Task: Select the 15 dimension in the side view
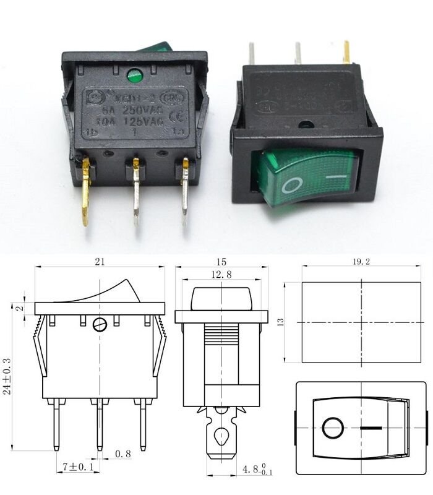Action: coord(221,262)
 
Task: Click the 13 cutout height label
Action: coord(280,322)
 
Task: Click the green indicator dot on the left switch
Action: coord(134,77)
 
